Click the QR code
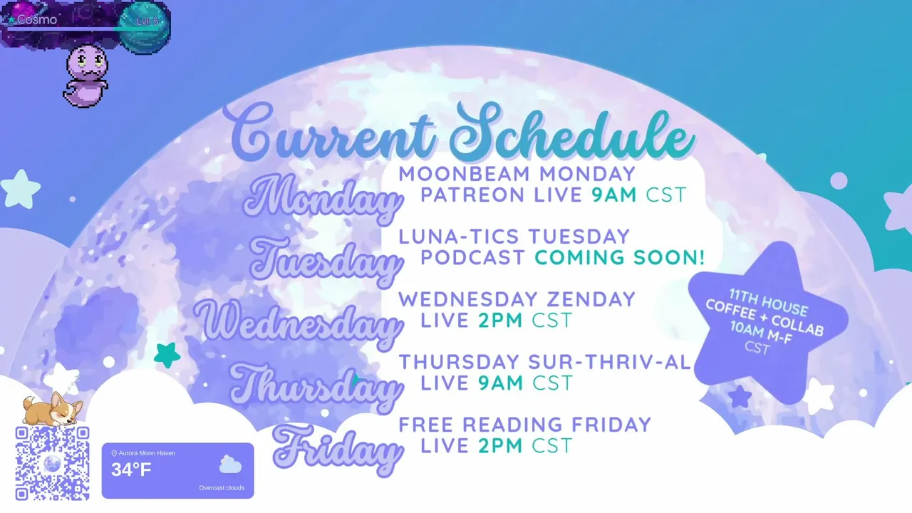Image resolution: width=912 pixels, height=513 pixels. pos(52,463)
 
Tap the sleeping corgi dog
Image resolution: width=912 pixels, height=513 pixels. pos(52,408)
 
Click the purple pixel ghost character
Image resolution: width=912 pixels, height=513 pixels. pos(86,76)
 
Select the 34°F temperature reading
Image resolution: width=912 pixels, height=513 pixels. pos(131,470)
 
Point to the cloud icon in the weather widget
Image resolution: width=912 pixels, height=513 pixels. pos(230,465)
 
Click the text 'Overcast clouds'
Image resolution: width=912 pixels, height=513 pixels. pos(222,488)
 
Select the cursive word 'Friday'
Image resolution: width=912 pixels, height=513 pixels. pos(337,450)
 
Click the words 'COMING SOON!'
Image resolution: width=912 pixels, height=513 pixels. pos(619,257)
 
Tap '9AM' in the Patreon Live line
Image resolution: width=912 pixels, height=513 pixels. pos(614,195)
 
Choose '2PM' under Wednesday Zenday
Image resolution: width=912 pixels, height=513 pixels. pos(500,321)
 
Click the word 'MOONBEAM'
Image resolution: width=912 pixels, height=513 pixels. pos(464,174)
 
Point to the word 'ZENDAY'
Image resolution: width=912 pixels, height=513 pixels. pos(591,299)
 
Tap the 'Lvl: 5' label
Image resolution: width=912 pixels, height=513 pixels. pos(147,21)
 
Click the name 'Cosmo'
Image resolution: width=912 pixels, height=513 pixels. pos(36,19)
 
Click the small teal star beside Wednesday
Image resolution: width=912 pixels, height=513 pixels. pos(167,355)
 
